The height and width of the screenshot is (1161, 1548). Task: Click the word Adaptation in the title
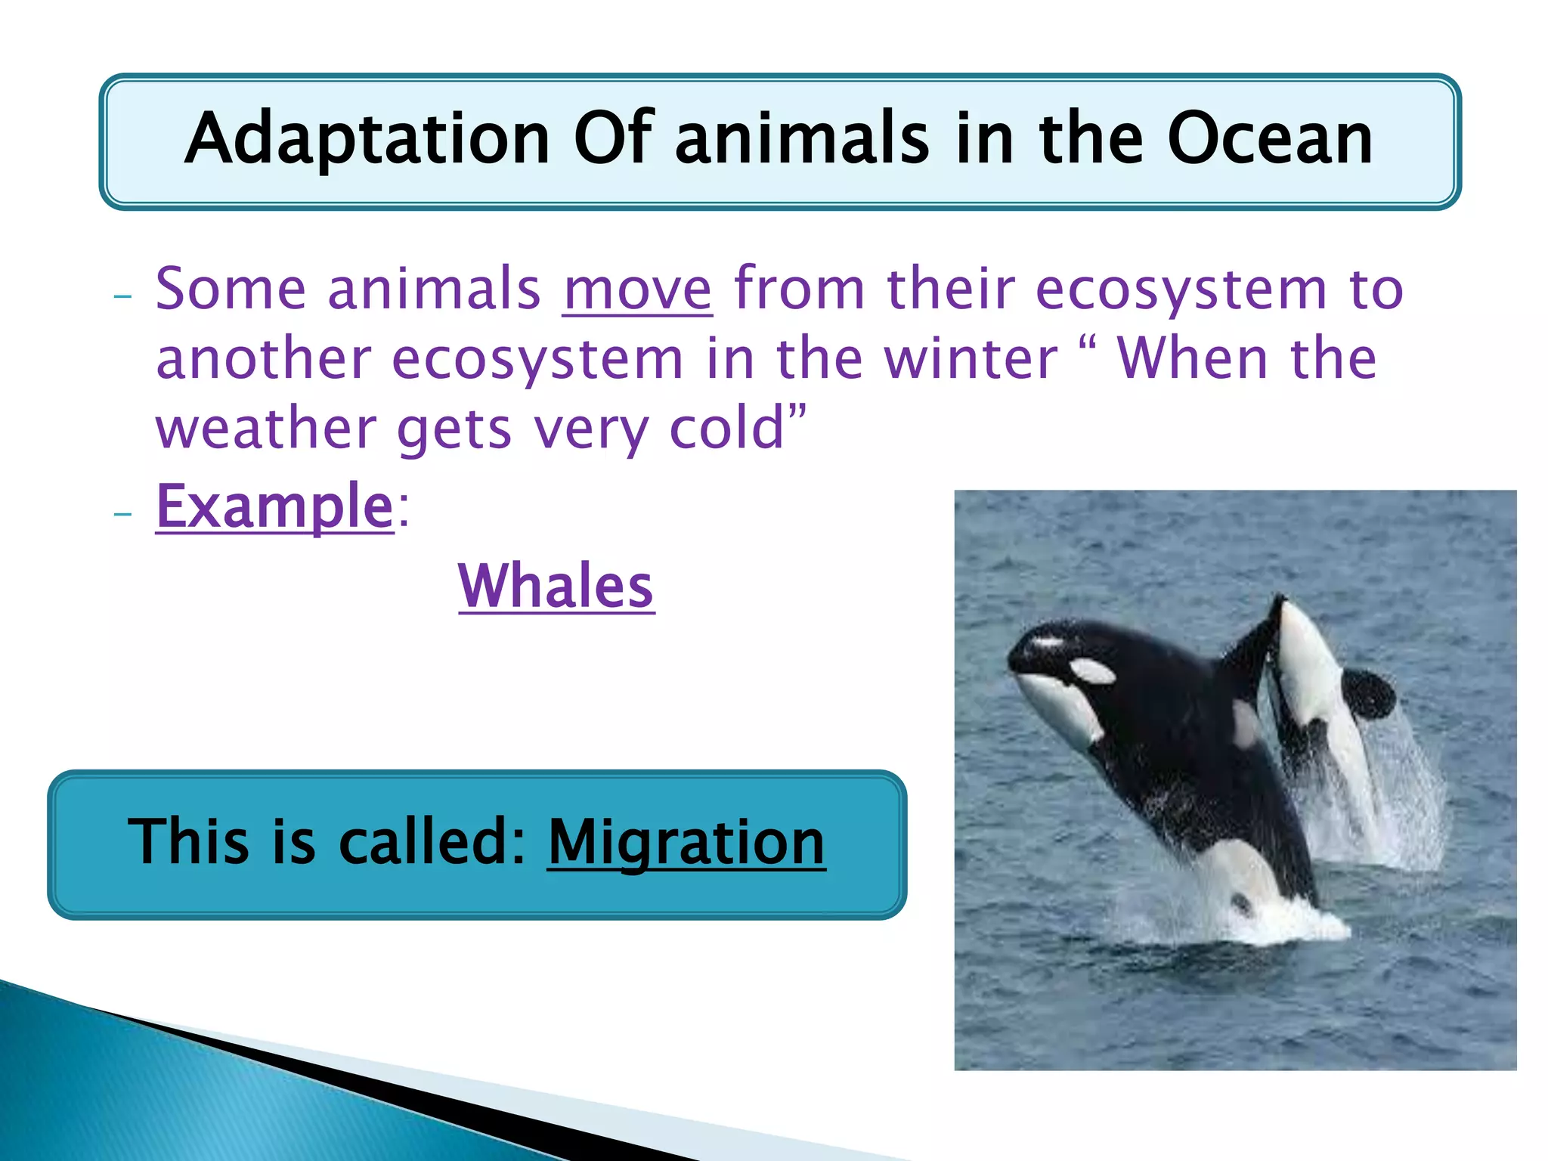click(x=367, y=139)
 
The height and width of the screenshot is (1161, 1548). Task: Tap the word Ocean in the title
click(x=1270, y=139)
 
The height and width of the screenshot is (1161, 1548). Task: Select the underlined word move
click(x=637, y=289)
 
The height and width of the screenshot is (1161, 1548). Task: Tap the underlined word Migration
click(x=686, y=842)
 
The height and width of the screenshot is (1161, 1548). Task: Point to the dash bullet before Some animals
click(x=122, y=296)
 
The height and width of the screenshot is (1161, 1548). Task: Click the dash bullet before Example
click(x=122, y=514)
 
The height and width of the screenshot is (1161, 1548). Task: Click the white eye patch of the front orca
click(x=1093, y=670)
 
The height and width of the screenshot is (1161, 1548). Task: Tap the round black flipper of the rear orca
click(x=1368, y=694)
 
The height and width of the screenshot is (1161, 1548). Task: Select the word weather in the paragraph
click(x=265, y=428)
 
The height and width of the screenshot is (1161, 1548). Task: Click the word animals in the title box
click(x=802, y=139)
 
